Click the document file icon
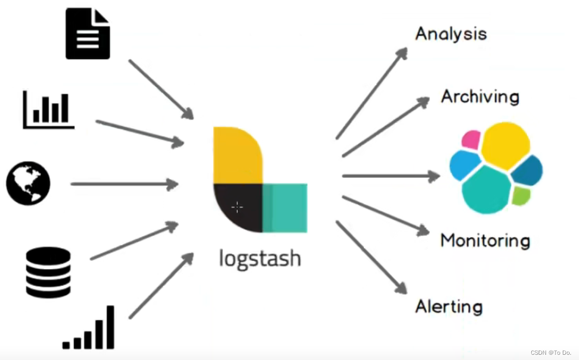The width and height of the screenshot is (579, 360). (87, 33)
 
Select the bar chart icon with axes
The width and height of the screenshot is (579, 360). (49, 110)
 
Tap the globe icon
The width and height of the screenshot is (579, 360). (28, 184)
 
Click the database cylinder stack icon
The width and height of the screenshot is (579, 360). (48, 273)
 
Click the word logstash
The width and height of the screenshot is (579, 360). (260, 258)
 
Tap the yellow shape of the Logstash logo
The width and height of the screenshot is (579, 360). (237, 155)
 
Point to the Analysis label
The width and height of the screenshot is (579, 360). (451, 34)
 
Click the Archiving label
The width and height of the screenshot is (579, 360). (480, 96)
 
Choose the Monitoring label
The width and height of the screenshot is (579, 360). (485, 241)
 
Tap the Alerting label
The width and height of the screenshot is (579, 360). (449, 307)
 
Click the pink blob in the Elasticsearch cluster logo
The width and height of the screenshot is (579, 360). (471, 140)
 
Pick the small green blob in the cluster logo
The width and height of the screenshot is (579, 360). (520, 196)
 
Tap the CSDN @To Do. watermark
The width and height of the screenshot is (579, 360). (551, 353)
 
